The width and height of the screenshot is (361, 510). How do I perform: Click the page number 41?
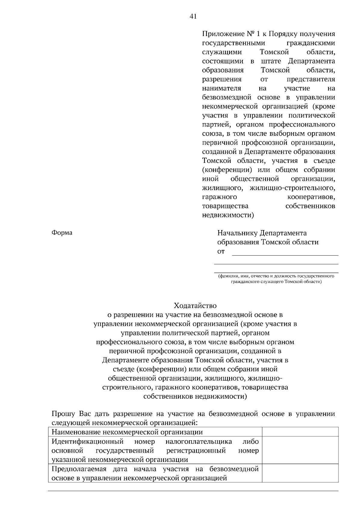click(x=193, y=17)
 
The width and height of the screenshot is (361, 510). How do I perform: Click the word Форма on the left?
click(x=62, y=233)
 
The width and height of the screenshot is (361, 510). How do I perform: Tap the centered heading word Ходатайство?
click(x=195, y=306)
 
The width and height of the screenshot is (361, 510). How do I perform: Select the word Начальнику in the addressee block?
click(x=237, y=233)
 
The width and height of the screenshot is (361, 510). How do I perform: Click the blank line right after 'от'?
click(x=285, y=252)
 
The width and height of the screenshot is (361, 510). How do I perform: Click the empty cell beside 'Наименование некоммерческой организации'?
click(x=300, y=432)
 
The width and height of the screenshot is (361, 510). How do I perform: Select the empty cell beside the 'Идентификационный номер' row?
click(x=300, y=450)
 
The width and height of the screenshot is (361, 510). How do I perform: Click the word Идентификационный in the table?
click(x=88, y=442)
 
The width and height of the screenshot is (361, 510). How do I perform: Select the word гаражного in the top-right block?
click(x=219, y=197)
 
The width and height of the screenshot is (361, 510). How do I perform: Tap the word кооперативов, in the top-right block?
click(x=311, y=197)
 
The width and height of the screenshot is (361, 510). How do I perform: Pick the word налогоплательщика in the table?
click(x=199, y=442)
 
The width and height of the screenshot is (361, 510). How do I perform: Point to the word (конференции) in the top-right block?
click(x=227, y=170)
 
